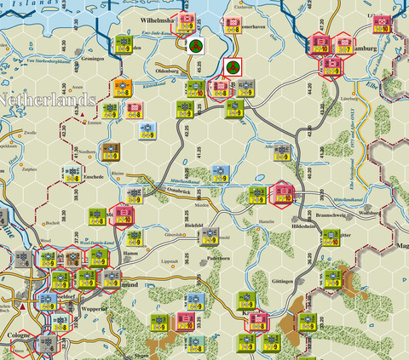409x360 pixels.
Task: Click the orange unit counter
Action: tap(124, 86)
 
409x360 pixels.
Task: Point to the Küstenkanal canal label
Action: tap(153, 85)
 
